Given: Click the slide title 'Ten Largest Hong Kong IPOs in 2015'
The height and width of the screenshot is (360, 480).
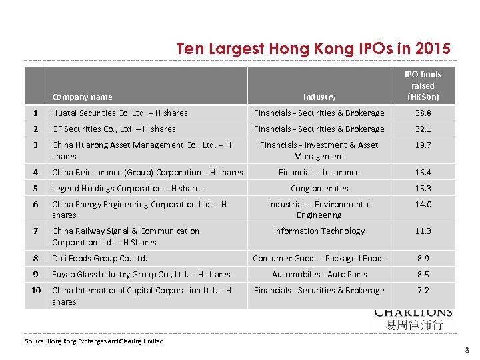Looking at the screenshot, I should pos(313,49).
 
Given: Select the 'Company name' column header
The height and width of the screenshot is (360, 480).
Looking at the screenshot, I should pos(82,97).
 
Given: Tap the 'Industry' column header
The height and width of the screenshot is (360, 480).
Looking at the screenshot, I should pos(319,97).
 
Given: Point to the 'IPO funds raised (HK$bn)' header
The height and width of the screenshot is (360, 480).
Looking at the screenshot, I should pos(423,85).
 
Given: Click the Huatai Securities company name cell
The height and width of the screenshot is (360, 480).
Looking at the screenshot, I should pos(120,113).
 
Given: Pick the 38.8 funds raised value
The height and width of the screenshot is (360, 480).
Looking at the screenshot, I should pos(423,113).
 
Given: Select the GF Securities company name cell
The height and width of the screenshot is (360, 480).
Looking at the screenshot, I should pos(114,129).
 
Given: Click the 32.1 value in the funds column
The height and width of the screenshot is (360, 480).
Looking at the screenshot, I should pos(423,129).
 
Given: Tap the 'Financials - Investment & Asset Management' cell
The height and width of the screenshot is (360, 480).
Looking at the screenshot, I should pos(319,151).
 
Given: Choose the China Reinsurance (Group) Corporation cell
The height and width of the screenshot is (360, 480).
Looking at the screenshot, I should pos(147,173).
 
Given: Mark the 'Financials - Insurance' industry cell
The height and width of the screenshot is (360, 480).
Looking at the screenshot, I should pos(319,173).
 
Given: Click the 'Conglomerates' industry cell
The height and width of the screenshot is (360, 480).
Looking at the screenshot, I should pos(319,189).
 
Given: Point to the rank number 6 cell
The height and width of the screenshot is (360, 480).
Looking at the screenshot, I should pos(36,205).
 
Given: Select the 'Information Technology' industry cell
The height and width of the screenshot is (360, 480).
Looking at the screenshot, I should pos(319,231).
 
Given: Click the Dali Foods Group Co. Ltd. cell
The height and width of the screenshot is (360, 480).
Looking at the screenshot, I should pos(99,259).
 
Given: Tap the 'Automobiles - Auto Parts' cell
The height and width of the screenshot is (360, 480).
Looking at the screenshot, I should pos(319,275).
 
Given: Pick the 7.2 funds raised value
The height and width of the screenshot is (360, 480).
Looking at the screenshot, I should pos(423,291).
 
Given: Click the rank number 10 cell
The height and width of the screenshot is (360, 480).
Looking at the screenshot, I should pos(36,291).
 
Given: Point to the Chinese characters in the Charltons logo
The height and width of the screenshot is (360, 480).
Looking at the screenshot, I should pos(414,325).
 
